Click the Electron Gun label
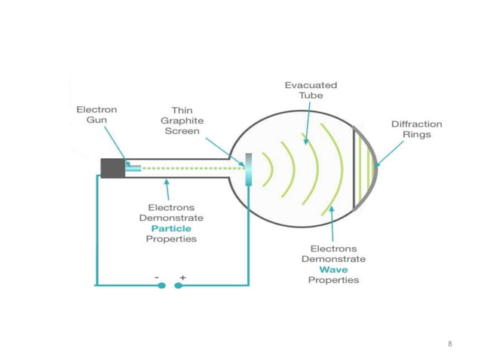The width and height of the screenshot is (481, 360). click(x=97, y=114)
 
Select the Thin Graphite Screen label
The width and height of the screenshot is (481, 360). click(x=182, y=121)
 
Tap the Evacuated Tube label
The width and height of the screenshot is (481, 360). click(x=310, y=90)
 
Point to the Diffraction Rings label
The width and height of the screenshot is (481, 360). click(x=416, y=129)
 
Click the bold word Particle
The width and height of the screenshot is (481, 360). click(x=171, y=227)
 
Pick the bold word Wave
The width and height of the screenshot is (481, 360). click(x=333, y=269)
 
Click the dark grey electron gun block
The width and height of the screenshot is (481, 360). click(x=113, y=168)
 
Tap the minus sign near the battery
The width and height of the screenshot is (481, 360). click(x=158, y=277)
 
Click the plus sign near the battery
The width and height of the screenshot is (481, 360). click(x=182, y=277)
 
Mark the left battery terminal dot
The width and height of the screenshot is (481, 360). click(x=161, y=285)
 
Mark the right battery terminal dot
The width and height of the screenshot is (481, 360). click(x=179, y=285)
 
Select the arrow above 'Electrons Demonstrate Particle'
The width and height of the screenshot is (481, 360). click(x=167, y=188)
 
